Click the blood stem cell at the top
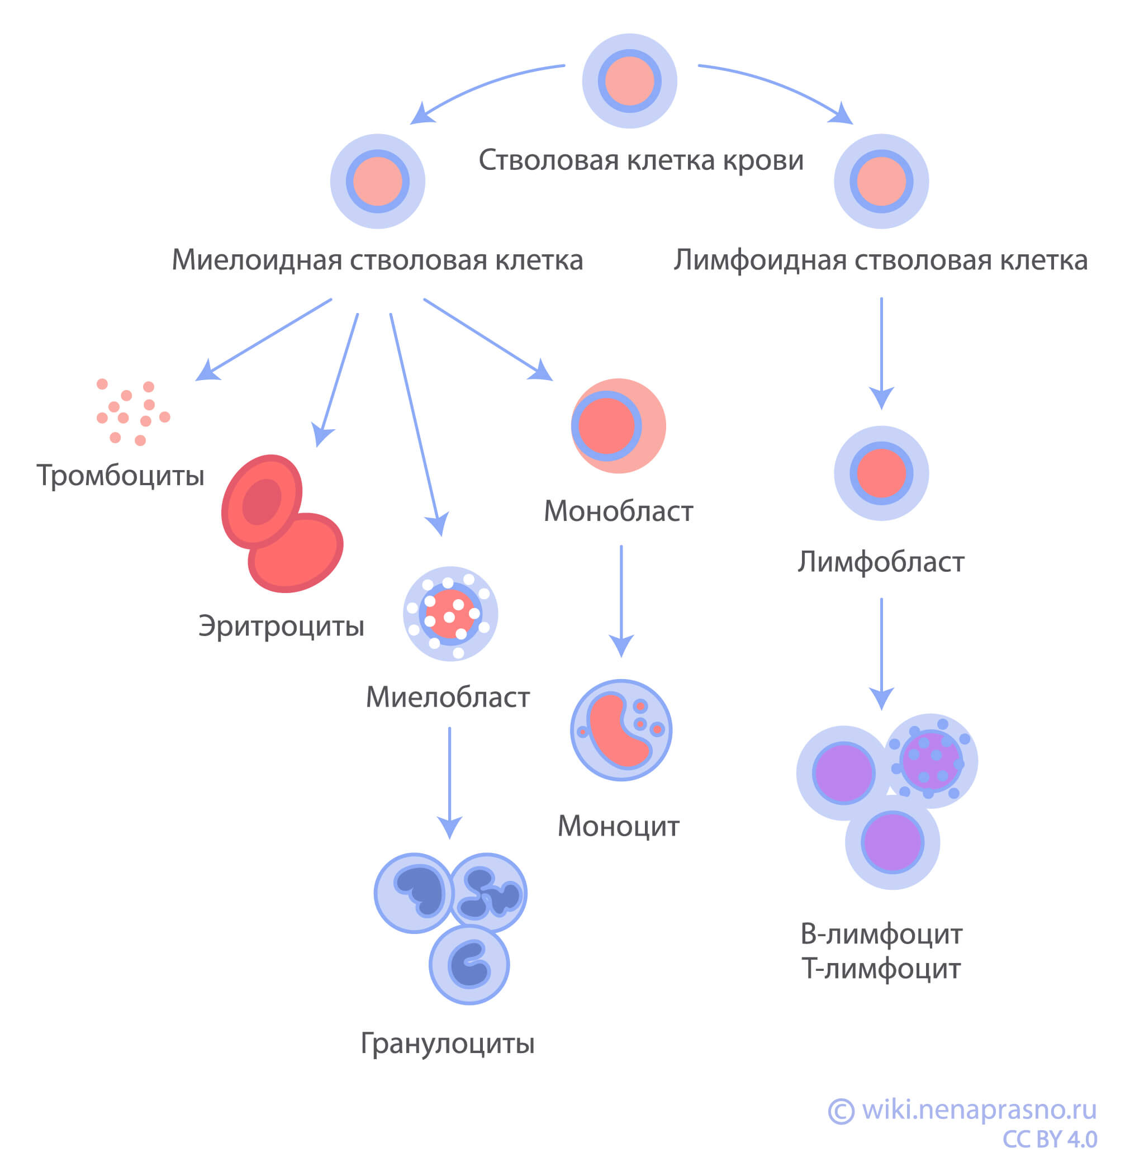[x=629, y=80]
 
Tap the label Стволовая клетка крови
[x=640, y=160]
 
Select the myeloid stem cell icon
[x=377, y=181]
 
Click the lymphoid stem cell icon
[x=881, y=181]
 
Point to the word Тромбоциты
[x=121, y=475]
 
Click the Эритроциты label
[x=281, y=626]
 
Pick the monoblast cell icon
[x=618, y=425]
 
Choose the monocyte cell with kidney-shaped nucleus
[x=621, y=730]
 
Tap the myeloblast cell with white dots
[x=450, y=614]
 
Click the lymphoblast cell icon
[x=881, y=473]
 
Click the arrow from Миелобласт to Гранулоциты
[x=449, y=781]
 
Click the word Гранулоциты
[x=447, y=1043]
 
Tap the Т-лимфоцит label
[x=881, y=969]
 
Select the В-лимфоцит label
[x=881, y=934]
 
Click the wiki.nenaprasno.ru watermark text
[x=978, y=1109]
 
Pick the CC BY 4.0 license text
[x=1049, y=1139]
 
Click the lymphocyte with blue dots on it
[x=931, y=761]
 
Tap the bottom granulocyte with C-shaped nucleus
[x=469, y=965]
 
